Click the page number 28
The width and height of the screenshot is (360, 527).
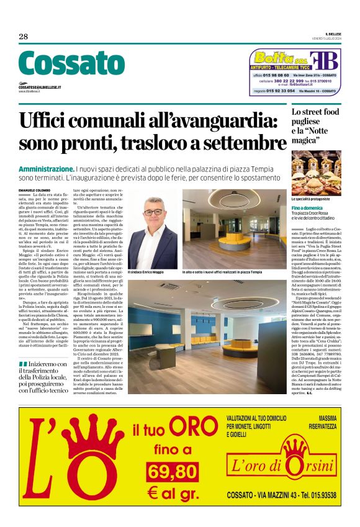pos(24,37)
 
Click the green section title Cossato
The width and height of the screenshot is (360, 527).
pos(71,64)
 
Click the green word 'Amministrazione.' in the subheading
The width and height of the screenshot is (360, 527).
pos(47,169)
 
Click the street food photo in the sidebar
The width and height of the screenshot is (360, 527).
pos(316,173)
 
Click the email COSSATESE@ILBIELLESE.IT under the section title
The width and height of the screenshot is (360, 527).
pos(40,88)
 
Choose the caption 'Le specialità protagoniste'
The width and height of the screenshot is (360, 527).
pos(312,198)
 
